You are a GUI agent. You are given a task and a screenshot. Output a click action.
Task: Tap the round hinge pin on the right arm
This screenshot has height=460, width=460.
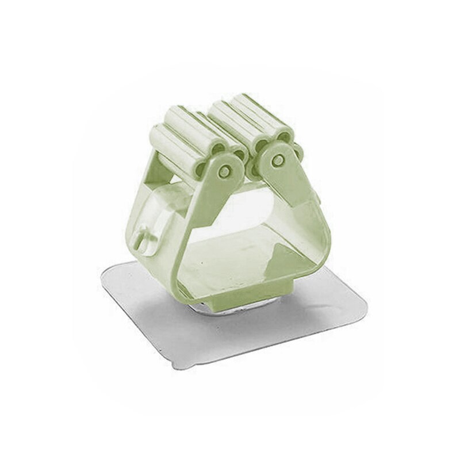(x=278, y=161)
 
